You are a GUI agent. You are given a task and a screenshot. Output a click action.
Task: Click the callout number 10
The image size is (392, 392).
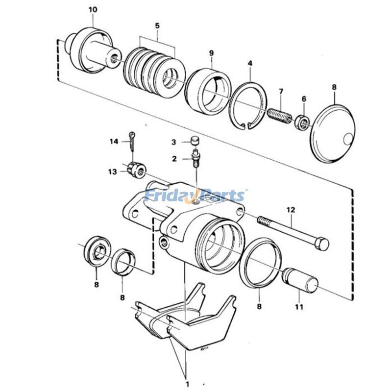click(93, 9)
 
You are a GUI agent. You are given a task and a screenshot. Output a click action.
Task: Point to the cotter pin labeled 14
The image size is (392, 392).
click(133, 142)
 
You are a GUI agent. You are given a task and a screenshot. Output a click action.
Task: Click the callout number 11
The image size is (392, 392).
click(299, 307)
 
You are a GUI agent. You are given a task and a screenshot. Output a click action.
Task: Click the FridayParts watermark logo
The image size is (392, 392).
click(196, 196)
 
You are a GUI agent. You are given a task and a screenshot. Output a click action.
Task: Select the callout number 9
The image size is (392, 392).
click(211, 52)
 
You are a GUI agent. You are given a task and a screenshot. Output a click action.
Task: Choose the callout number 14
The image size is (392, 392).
click(114, 142)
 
